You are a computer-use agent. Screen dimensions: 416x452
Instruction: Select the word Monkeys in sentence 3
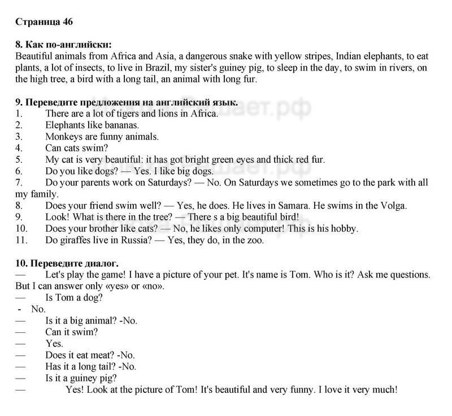tap(63, 136)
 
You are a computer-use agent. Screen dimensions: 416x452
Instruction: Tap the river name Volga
tap(391, 206)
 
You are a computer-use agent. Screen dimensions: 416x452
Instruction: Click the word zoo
tap(255, 240)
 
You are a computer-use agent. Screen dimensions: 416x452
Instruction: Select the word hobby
tap(344, 229)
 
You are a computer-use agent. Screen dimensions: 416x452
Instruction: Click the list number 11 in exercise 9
tap(21, 240)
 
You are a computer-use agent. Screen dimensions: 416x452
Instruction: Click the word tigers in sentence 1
tap(119, 114)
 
